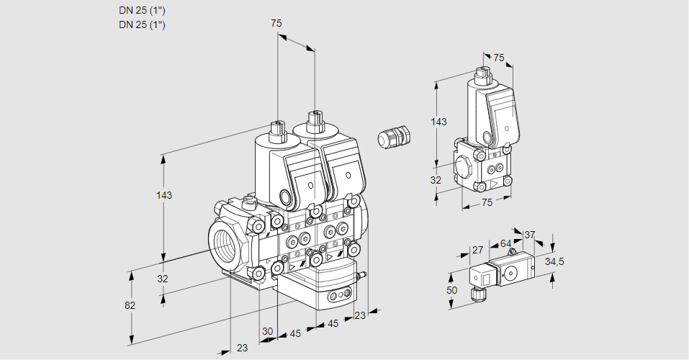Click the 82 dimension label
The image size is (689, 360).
pos(130,305)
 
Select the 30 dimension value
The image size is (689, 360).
pos(268,331)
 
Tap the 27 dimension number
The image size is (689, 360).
pos(477,251)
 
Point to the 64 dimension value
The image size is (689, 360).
pos(505,244)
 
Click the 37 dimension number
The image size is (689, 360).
pos(529,235)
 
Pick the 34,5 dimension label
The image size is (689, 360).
pos(554,261)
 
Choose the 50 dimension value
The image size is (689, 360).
pos(451,289)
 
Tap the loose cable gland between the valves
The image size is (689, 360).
pos(395,136)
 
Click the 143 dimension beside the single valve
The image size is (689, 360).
pos(438,122)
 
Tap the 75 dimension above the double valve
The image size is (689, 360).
pos(276,23)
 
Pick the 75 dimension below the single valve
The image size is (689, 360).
pos(487,203)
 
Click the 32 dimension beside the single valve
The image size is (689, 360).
pos(435,180)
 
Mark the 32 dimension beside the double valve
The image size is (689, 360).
pos(162,279)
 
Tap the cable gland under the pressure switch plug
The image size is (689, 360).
pos(474,293)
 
